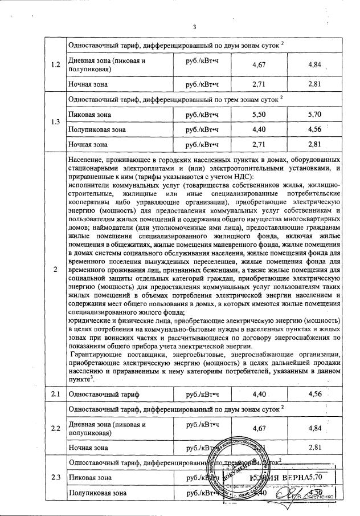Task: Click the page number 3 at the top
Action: pyautogui.click(x=194, y=27)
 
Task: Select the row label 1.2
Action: pyautogui.click(x=55, y=64)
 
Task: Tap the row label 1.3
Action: pyautogui.click(x=55, y=121)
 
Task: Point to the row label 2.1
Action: pyautogui.click(x=55, y=394)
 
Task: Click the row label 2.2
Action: pyautogui.click(x=55, y=428)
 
